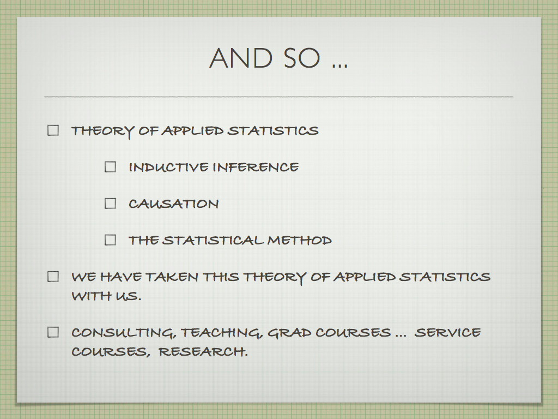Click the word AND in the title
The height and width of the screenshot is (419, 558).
241,58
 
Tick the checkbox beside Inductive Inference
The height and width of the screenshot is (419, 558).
110,167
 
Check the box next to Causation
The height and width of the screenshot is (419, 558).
110,203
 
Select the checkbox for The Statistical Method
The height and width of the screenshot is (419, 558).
110,240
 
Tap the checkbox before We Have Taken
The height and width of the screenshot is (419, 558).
53,277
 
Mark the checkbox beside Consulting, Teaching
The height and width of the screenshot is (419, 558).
53,332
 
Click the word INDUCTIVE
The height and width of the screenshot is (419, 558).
169,167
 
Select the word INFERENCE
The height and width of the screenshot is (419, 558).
256,167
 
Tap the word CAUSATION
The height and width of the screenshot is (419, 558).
174,204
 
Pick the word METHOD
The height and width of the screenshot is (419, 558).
300,240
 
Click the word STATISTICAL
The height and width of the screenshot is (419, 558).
213,240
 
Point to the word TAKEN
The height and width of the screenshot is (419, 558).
172,277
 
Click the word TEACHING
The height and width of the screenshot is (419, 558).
222,333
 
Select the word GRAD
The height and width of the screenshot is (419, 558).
289,332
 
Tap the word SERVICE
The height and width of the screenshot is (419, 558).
448,332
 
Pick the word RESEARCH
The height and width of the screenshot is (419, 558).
203,352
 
